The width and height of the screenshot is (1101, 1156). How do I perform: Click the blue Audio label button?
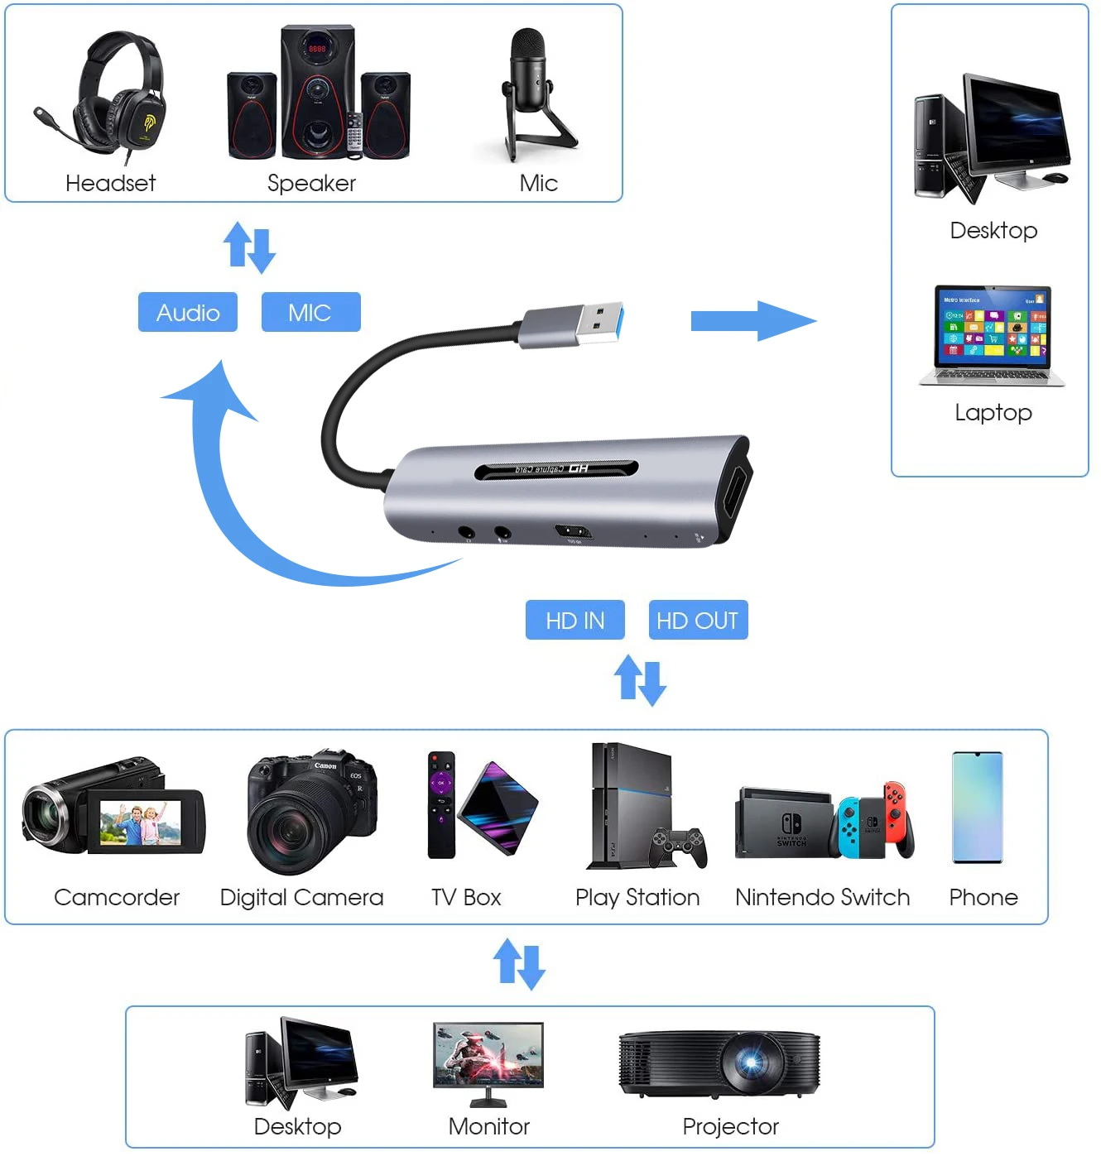(188, 312)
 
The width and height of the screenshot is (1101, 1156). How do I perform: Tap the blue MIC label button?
(310, 312)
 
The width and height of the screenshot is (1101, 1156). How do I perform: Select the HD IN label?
(575, 620)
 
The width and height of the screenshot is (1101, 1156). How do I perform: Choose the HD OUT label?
(698, 620)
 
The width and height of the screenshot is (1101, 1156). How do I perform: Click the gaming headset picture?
(116, 95)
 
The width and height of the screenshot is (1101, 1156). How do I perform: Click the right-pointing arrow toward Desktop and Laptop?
(752, 321)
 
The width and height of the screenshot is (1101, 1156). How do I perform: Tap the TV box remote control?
(441, 804)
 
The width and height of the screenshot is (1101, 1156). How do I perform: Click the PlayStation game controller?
(680, 847)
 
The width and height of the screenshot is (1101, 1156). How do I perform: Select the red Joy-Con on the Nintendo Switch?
(896, 814)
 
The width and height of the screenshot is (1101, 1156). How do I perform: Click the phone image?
(977, 807)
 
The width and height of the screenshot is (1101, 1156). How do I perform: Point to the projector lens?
(752, 1062)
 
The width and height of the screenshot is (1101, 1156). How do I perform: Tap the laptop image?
(993, 335)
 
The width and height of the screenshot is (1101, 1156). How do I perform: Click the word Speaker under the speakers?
(311, 183)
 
